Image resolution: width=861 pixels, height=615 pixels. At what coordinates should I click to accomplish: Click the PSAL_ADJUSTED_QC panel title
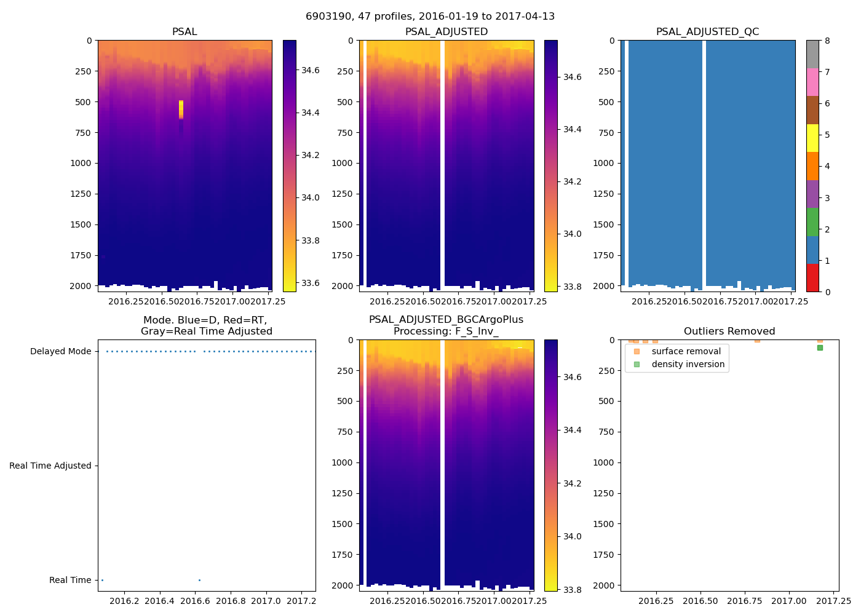click(x=707, y=32)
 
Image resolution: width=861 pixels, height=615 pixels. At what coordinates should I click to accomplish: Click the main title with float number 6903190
click(x=430, y=17)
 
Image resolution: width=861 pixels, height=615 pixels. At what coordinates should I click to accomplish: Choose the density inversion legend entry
click(x=688, y=364)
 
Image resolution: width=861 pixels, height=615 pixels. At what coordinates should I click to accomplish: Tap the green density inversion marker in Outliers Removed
click(x=820, y=348)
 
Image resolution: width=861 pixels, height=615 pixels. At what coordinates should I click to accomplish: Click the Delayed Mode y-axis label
click(x=60, y=352)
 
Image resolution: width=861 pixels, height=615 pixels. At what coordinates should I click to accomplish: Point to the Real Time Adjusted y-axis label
click(x=50, y=466)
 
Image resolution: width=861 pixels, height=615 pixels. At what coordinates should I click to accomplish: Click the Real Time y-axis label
click(x=70, y=580)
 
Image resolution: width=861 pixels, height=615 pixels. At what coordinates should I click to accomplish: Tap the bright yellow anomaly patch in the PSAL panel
click(x=181, y=109)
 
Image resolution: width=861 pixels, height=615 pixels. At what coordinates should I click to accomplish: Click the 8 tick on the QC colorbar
click(x=827, y=41)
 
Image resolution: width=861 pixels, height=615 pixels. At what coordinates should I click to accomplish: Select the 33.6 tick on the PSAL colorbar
click(x=311, y=283)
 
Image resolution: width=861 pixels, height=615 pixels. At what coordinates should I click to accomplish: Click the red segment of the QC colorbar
click(x=812, y=278)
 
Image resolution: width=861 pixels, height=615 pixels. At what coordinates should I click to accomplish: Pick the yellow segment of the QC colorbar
click(x=812, y=138)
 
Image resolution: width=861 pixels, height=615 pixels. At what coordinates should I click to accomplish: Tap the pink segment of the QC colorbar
click(x=812, y=82)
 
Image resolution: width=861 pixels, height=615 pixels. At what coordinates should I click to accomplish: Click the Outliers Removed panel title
click(x=729, y=331)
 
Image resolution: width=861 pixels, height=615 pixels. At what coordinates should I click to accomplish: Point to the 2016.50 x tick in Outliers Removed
click(x=700, y=600)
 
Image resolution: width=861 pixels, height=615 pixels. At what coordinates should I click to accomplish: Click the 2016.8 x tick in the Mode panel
click(x=231, y=600)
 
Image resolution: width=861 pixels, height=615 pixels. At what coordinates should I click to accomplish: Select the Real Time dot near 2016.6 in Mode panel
click(x=199, y=580)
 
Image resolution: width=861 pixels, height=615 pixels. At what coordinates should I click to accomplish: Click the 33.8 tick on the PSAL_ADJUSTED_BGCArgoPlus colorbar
click(x=573, y=590)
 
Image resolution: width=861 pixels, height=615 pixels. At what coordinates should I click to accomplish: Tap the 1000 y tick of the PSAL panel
click(x=83, y=163)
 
